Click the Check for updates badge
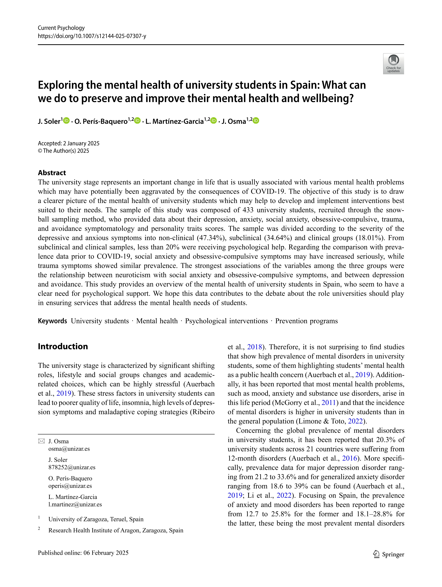tap(393, 64)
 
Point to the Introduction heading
tap(63, 346)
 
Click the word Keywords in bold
tap(52, 321)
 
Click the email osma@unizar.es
tap(69, 449)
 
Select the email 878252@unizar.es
tap(72, 467)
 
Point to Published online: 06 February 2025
tap(83, 553)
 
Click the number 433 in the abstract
tap(248, 210)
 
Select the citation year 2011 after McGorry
tap(329, 403)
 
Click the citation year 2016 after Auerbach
tap(349, 458)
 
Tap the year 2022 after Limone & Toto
tap(355, 421)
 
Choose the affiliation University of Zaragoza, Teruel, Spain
tap(96, 519)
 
